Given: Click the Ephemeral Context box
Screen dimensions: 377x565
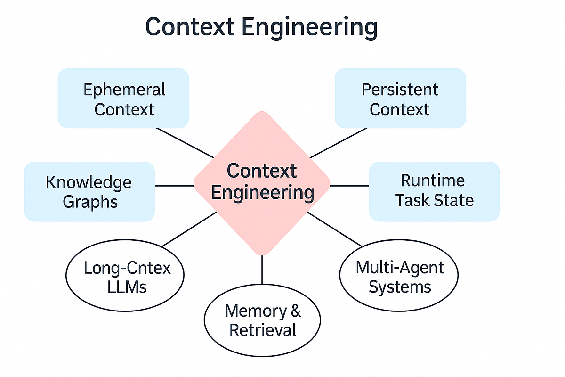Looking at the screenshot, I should click(x=123, y=98).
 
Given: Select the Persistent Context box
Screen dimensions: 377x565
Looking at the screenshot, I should click(x=400, y=98).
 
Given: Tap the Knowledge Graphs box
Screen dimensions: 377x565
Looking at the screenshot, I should click(x=89, y=191).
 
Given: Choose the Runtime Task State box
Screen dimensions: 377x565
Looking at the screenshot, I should click(x=434, y=191).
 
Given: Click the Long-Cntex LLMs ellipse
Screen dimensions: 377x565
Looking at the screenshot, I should click(x=125, y=278).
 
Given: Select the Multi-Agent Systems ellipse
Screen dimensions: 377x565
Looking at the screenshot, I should click(x=399, y=277).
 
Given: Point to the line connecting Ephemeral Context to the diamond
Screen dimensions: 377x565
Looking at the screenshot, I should click(x=185, y=143).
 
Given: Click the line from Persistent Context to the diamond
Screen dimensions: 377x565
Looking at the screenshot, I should click(x=338, y=143).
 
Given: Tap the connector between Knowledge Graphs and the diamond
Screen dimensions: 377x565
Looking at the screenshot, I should click(x=174, y=186).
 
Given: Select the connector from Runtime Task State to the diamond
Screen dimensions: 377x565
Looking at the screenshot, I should click(x=349, y=186).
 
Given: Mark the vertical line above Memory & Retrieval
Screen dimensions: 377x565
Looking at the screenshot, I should click(x=262, y=270).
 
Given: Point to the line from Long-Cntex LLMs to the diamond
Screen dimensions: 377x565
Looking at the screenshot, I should click(x=188, y=229).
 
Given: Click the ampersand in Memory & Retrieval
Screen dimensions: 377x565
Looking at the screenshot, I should click(x=295, y=311).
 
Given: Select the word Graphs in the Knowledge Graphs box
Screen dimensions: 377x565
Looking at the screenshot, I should click(x=90, y=202).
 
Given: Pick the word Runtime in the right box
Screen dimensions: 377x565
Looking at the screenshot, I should click(x=432, y=180).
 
